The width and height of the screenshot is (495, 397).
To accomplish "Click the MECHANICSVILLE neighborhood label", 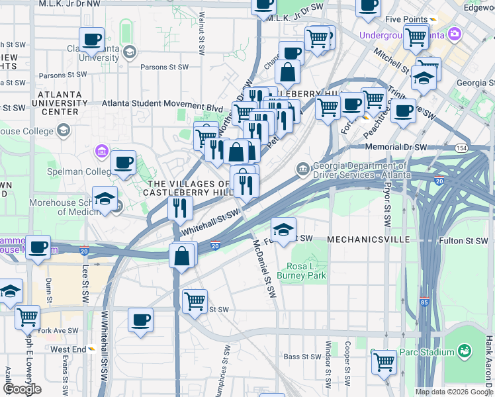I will coord(369,238).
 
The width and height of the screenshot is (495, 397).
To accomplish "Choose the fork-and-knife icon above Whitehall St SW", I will coord(179,208).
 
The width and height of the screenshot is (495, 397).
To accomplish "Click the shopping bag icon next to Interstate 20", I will coord(183,255).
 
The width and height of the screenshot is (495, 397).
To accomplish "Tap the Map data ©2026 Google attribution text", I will coord(453,392).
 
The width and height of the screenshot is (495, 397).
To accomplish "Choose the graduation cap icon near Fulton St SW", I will coord(283,230).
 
